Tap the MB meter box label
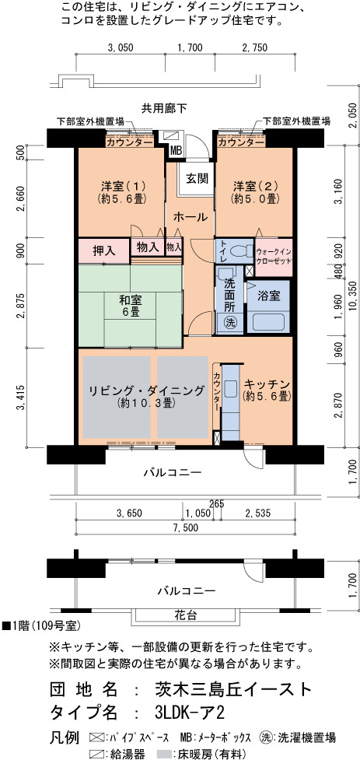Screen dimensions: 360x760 [x=176, y=152]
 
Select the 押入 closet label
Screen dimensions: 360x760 [x=103, y=251]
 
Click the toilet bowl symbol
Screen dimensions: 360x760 [x=238, y=251]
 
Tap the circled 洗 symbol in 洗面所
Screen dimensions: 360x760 [x=229, y=322]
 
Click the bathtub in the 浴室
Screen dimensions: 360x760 [x=269, y=322]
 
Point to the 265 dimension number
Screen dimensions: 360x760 [x=217, y=504]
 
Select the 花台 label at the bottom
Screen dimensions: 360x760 [x=186, y=615]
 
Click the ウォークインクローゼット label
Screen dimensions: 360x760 [x=274, y=256]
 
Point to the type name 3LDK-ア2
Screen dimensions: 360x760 [x=190, y=713]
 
